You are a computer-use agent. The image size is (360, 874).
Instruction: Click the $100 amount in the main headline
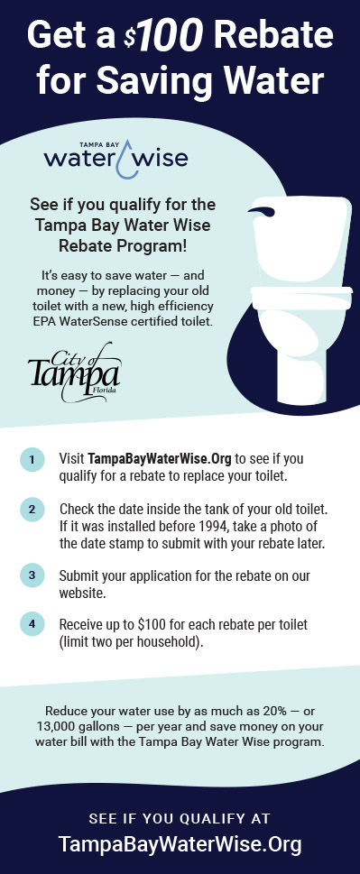click(x=166, y=35)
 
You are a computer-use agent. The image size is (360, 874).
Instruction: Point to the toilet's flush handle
click(x=262, y=212)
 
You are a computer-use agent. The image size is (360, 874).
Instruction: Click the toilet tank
click(x=302, y=239)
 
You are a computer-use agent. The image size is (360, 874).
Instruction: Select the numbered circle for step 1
click(x=32, y=460)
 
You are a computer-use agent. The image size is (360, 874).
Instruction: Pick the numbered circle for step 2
click(x=32, y=510)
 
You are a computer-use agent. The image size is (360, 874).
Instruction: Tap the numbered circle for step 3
click(x=32, y=575)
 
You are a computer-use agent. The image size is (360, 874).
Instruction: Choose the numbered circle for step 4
click(x=32, y=624)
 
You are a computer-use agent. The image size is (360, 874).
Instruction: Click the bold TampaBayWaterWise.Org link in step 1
click(x=160, y=459)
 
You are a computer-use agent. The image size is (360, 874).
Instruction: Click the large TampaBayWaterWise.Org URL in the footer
click(x=180, y=844)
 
